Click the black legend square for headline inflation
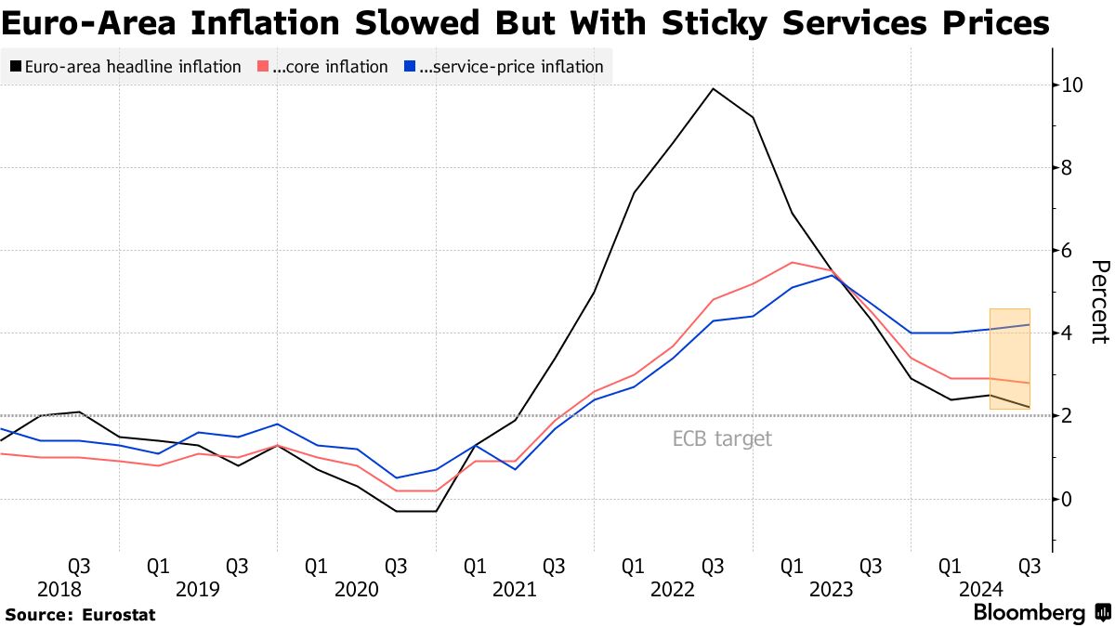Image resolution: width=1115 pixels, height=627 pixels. (16, 67)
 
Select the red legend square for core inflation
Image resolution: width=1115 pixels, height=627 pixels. (262, 67)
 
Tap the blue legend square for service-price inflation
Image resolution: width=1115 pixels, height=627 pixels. (410, 67)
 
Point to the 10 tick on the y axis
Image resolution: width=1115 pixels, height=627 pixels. (1071, 85)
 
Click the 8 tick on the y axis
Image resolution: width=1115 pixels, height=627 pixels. (1068, 168)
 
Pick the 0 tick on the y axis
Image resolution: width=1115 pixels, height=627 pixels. (1068, 499)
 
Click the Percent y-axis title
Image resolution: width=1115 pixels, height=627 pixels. (1098, 302)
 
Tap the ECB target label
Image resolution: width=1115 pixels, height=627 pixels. (722, 439)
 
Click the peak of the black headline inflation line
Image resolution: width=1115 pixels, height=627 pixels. (713, 89)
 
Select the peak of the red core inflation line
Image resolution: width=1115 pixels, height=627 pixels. (791, 262)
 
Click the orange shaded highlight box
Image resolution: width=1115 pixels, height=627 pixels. (1009, 358)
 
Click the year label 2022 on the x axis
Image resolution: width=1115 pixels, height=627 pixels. (673, 590)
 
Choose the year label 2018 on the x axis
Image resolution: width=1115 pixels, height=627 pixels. (59, 590)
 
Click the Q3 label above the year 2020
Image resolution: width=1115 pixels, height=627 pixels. (396, 566)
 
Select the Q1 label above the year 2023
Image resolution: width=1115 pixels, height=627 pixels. (791, 566)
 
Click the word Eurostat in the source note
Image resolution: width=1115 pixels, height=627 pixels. (119, 615)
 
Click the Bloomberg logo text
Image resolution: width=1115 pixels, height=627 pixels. (1029, 613)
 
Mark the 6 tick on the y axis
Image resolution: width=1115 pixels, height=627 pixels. (1068, 251)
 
